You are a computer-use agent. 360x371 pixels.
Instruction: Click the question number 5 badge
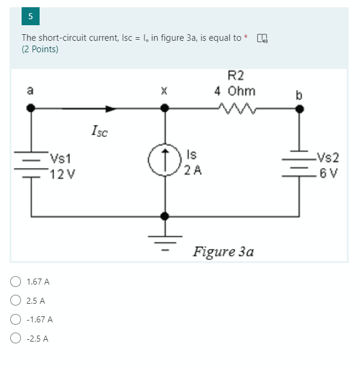point(30,16)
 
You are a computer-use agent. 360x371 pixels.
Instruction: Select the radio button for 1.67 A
point(16,281)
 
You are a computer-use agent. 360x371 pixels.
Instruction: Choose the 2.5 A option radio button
point(16,300)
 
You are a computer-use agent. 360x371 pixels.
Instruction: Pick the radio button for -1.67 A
point(16,319)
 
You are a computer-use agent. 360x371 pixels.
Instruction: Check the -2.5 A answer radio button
point(16,338)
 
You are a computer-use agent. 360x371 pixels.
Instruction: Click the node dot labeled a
point(31,109)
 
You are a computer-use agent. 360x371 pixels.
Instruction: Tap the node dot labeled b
point(300,109)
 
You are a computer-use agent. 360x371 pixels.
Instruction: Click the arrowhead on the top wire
point(110,109)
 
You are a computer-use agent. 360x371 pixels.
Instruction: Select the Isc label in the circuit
point(100,130)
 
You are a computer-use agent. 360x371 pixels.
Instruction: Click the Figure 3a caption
point(223,252)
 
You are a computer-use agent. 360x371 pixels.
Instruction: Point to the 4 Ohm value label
point(235,91)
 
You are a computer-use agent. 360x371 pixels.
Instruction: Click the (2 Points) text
point(40,49)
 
